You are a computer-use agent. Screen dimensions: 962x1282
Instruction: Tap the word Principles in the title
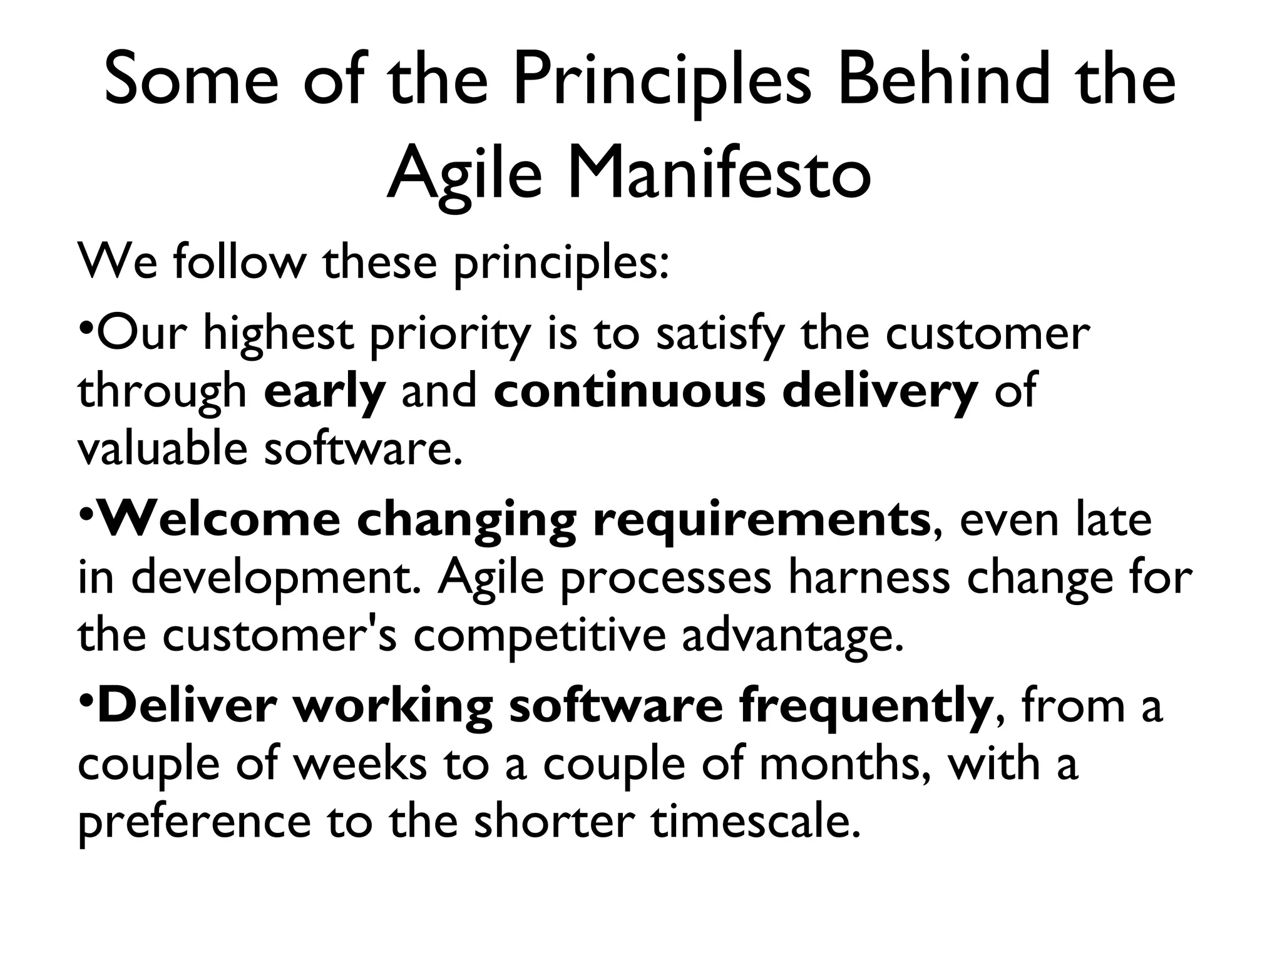click(662, 81)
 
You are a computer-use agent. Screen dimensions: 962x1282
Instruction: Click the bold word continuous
click(629, 390)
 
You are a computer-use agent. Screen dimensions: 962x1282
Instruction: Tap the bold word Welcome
click(219, 519)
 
